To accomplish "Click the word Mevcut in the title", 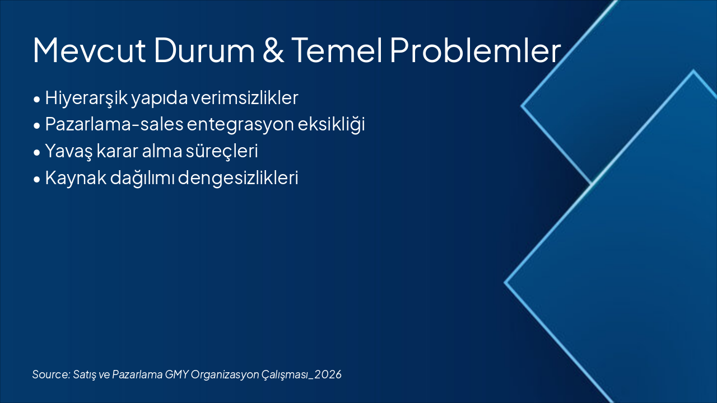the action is click(x=89, y=50).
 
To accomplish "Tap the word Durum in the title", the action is click(x=204, y=50).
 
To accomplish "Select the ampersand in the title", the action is click(x=273, y=50).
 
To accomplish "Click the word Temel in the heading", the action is click(x=337, y=50).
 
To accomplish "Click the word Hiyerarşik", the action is click(x=86, y=98).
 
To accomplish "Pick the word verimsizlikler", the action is click(x=245, y=97).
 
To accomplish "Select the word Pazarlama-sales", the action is click(x=114, y=124).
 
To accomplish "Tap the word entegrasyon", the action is click(x=240, y=125).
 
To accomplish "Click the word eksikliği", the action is click(x=331, y=124).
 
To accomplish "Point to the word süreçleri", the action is click(x=222, y=151).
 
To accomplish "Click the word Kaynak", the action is click(x=76, y=178).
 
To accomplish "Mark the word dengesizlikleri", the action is click(x=238, y=178).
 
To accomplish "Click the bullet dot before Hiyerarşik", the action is click(x=37, y=99).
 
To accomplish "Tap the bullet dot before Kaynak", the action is click(x=37, y=179).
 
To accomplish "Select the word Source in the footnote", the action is click(x=51, y=374).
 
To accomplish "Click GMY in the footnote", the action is click(x=176, y=374).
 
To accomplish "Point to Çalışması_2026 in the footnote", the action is click(x=301, y=374).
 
